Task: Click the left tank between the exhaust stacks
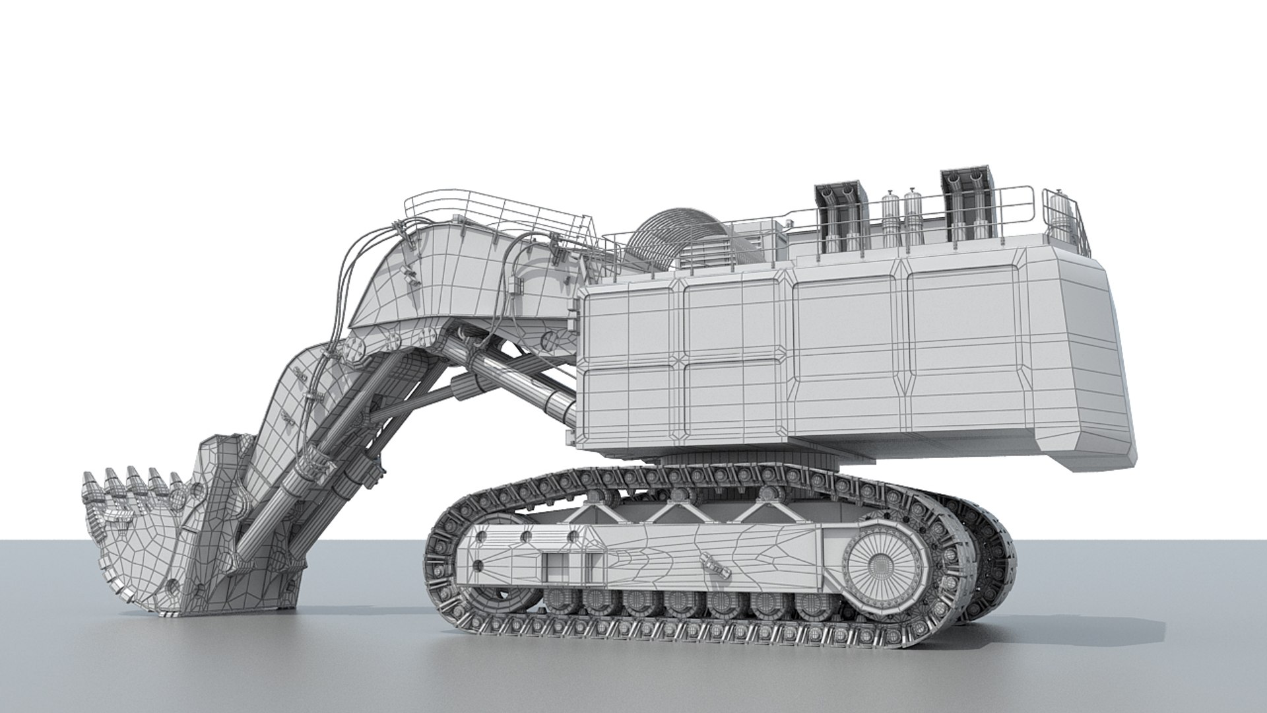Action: coord(891,218)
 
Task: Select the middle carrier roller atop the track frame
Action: coord(682,493)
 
